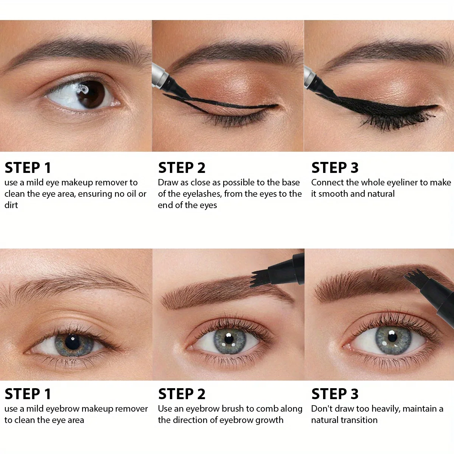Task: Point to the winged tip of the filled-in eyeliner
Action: pos(435,107)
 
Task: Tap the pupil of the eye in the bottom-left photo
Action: pos(72,341)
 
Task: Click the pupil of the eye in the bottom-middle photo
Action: pos(229,339)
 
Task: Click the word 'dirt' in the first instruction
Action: pos(11,205)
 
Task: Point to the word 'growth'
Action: pos(269,420)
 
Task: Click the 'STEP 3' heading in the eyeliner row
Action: pos(334,168)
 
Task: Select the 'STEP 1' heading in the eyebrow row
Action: pos(28,394)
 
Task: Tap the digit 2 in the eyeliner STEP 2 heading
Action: pos(201,168)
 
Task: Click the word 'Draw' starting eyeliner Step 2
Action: pos(168,182)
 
